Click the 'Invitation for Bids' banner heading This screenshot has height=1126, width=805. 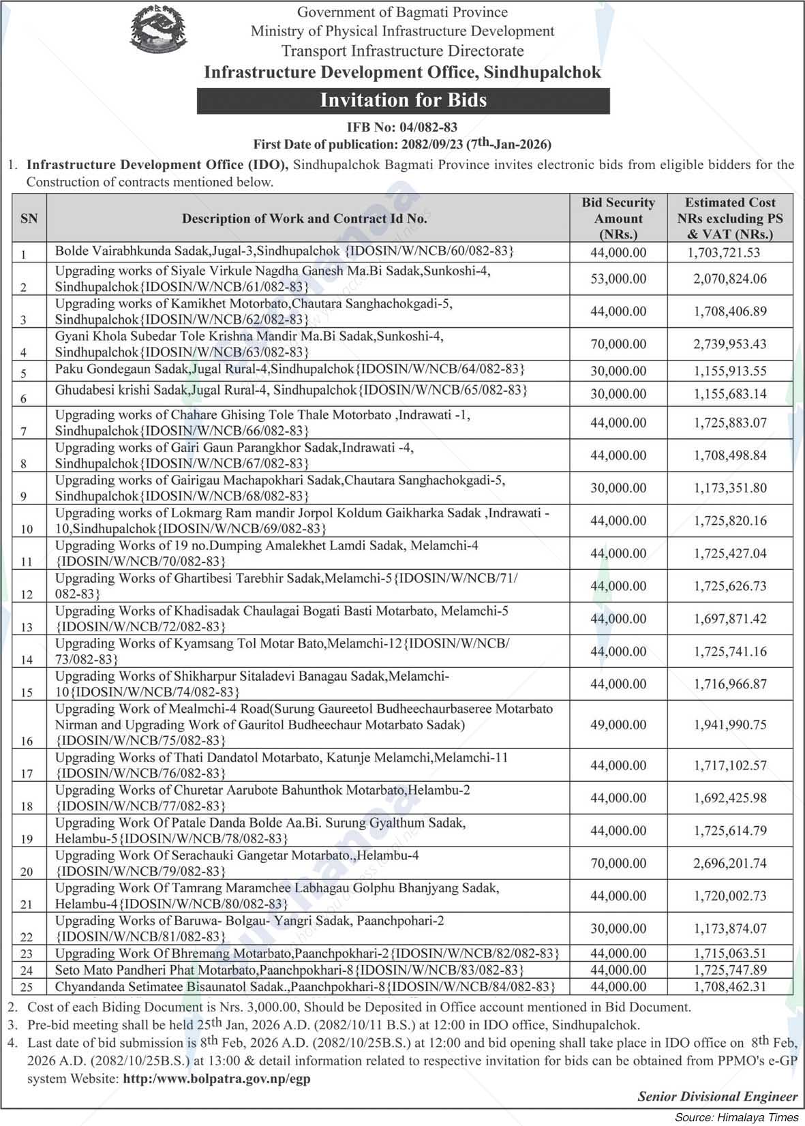coord(403,100)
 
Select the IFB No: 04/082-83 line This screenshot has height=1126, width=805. coord(401,127)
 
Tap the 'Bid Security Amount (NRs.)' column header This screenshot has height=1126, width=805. coord(618,218)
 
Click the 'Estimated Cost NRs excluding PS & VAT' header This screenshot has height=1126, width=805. coord(729,218)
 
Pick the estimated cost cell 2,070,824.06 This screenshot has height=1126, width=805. coord(730,279)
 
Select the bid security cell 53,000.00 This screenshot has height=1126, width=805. coord(618,279)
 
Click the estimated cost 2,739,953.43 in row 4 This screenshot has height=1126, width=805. coord(730,344)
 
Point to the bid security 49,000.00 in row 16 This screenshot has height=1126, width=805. coord(618,725)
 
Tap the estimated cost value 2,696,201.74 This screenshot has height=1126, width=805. coord(730,864)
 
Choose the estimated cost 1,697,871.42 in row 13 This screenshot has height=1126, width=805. coord(730,619)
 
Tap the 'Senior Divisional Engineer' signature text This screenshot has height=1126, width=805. coord(717,1097)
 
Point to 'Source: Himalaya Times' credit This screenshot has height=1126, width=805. coord(736,1117)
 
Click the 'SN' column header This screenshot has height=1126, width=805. coord(29,218)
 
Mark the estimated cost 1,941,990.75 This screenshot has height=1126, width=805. coord(730,725)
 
